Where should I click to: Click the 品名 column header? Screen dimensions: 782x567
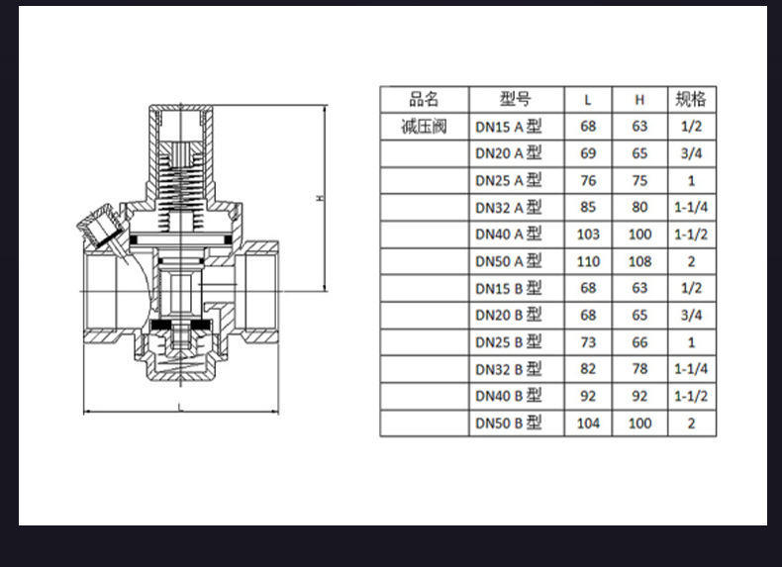tap(424, 99)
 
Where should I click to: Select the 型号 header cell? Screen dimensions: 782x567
tap(516, 99)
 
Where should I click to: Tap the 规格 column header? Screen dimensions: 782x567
tap(691, 99)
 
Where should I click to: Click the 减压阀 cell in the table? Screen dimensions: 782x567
tap(424, 127)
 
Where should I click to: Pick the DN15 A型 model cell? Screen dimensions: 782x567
tap(508, 127)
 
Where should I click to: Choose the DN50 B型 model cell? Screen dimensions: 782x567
tap(508, 424)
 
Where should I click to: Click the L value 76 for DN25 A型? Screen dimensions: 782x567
tap(588, 180)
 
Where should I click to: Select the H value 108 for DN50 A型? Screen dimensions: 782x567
tap(639, 261)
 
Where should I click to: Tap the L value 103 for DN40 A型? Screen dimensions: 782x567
tap(588, 235)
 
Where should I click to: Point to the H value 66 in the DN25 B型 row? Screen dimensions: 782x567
tap(639, 342)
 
